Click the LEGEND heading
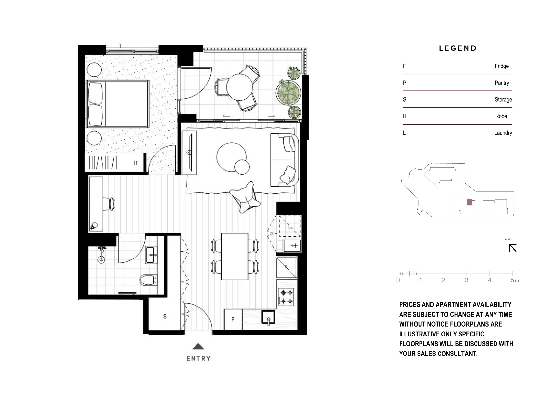coord(457,48)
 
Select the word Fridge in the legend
coord(501,66)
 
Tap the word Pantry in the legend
coord(501,83)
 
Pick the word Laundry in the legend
coord(503,133)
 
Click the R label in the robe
coord(135,163)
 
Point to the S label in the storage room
coord(165,316)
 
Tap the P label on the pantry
coord(233,319)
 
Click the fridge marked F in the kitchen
coord(287,268)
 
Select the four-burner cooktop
coord(286,297)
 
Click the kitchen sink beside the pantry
coord(268,317)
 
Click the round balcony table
coord(240,87)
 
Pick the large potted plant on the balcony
coord(289,93)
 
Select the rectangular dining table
coord(234,257)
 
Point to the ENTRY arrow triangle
coord(198,346)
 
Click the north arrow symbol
coord(513,248)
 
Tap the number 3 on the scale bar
coord(466,280)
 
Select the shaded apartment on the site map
coord(469,202)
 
